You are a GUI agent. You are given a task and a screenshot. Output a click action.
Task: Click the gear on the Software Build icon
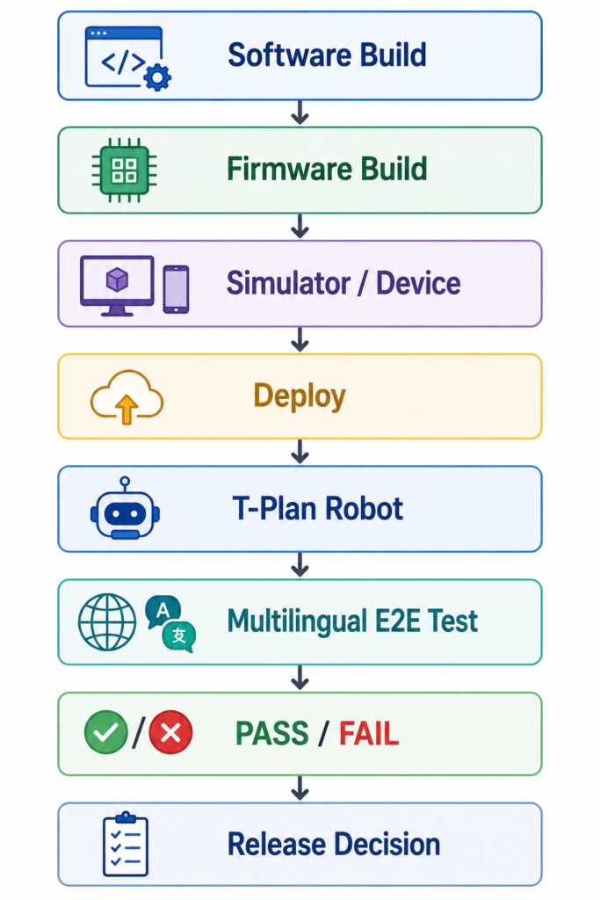tap(158, 77)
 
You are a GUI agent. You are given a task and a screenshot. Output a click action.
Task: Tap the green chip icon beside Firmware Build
tap(125, 170)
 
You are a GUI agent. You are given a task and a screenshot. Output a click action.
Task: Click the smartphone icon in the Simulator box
tap(176, 289)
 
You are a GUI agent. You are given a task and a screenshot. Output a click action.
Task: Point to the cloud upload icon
tap(127, 397)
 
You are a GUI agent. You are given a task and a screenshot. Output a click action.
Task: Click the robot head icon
tap(125, 509)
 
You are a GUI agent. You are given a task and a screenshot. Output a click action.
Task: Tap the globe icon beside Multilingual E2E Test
tap(107, 622)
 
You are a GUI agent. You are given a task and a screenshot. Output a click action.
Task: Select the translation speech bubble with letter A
tap(163, 612)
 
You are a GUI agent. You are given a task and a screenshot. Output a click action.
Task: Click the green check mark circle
tap(106, 732)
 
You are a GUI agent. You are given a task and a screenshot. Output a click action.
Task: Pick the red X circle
tap(171, 732)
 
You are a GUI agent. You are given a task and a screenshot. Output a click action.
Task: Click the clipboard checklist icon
tap(126, 844)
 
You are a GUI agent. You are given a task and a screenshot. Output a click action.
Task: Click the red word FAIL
tap(369, 734)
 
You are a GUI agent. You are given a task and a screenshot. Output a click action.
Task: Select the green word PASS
tap(272, 734)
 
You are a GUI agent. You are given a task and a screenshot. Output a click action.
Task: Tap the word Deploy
tap(300, 396)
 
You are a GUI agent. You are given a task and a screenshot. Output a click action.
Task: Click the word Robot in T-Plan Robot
tap(365, 509)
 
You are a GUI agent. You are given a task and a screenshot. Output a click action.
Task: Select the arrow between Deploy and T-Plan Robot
tap(300, 452)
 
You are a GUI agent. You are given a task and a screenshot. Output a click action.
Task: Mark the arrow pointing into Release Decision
tap(300, 788)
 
